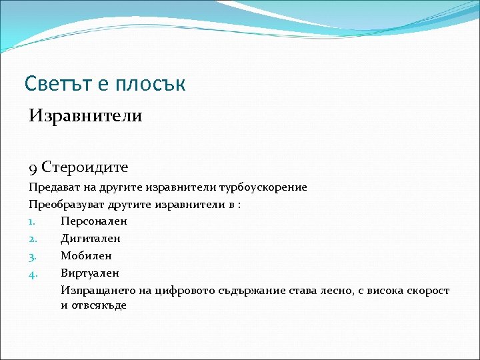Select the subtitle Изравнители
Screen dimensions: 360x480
(x=85, y=116)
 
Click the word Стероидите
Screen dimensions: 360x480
(x=85, y=166)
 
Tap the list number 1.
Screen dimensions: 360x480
(x=31, y=221)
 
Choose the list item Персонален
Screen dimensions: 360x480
(x=93, y=221)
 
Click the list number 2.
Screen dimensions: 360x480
(x=32, y=239)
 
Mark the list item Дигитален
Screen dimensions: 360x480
(x=91, y=239)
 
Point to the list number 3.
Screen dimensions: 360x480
(x=32, y=256)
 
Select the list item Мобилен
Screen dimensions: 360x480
(x=86, y=256)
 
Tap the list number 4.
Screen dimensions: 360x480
(x=32, y=273)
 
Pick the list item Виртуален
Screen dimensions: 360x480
(x=89, y=273)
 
